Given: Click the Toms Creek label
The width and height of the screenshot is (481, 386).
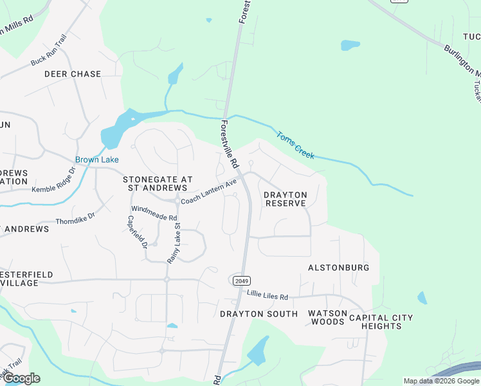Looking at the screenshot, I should [295, 145].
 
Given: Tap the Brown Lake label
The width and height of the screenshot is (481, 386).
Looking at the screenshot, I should [97, 160].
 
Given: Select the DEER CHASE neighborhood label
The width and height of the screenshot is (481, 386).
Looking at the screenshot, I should [73, 74].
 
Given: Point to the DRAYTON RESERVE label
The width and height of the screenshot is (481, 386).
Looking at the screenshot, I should [286, 199].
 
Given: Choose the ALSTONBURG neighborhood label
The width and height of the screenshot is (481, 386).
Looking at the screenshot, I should [338, 267].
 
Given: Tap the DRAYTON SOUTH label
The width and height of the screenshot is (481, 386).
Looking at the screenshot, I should [259, 314].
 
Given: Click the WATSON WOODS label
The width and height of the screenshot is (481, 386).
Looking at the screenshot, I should [327, 317].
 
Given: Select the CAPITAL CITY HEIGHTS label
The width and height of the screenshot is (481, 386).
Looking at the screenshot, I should [381, 322].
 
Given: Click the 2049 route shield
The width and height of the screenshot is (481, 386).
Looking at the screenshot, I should [239, 280].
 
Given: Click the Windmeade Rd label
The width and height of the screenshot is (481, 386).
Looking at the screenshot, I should [154, 214].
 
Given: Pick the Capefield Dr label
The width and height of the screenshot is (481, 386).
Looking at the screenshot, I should [138, 232].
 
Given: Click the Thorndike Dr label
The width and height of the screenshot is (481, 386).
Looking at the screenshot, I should [75, 217].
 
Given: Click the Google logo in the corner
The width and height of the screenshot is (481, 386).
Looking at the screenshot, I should [21, 378].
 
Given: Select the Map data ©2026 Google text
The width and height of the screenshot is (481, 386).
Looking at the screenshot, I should [440, 381].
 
